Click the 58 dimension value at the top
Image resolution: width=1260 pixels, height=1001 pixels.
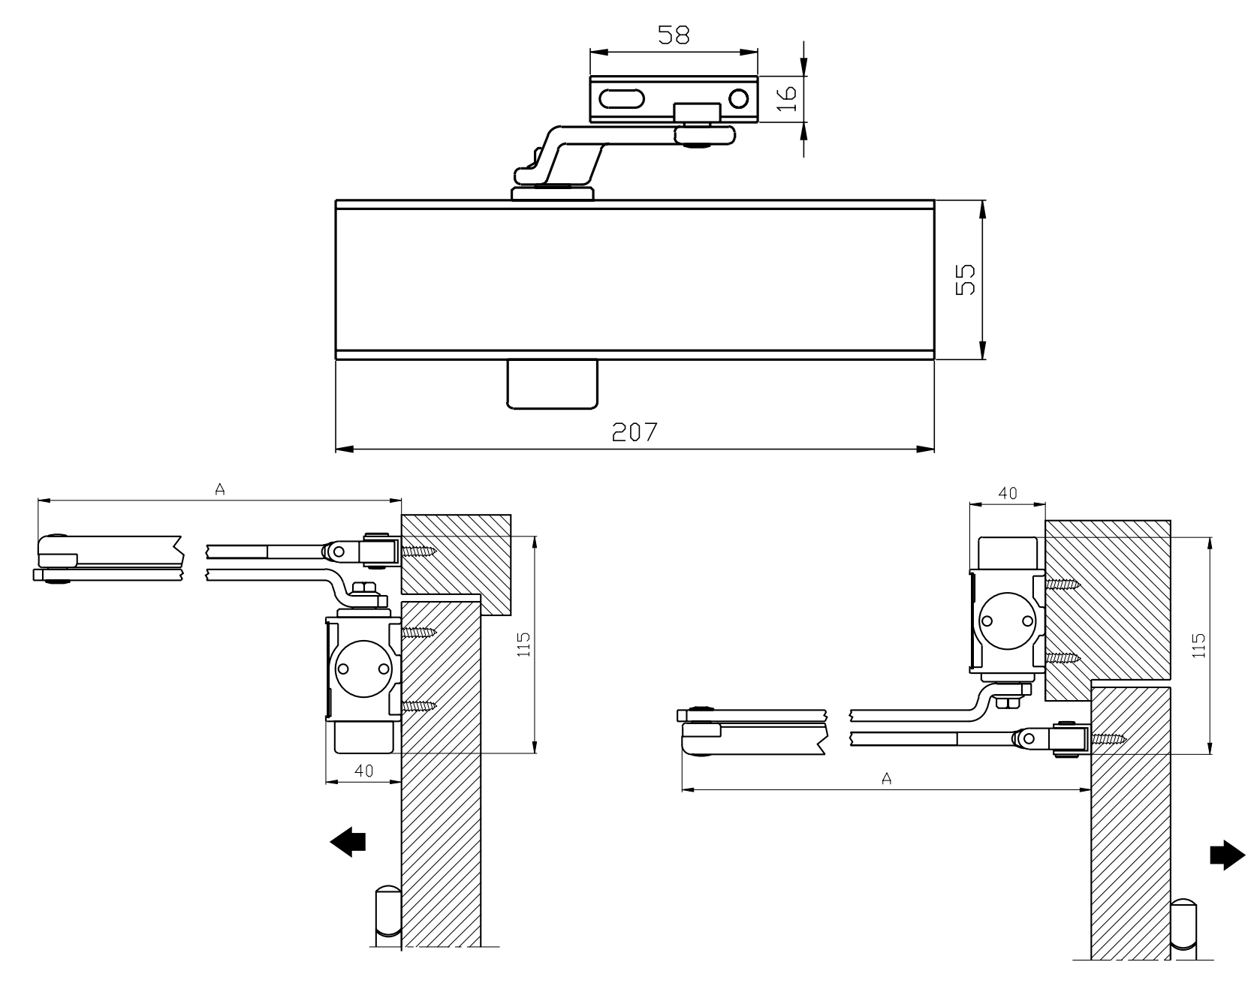673,35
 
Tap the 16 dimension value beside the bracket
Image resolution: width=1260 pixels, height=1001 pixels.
785,98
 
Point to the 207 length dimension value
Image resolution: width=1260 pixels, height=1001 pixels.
635,431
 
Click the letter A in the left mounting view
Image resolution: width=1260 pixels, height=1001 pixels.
220,490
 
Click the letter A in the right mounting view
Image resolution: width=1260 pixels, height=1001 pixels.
886,779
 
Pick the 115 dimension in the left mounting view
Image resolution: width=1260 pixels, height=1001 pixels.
524,645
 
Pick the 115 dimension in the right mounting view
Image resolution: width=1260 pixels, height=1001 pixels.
1198,645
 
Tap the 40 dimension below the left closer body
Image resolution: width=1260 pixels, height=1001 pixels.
364,771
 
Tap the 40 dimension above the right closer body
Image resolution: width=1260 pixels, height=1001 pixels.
1008,493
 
